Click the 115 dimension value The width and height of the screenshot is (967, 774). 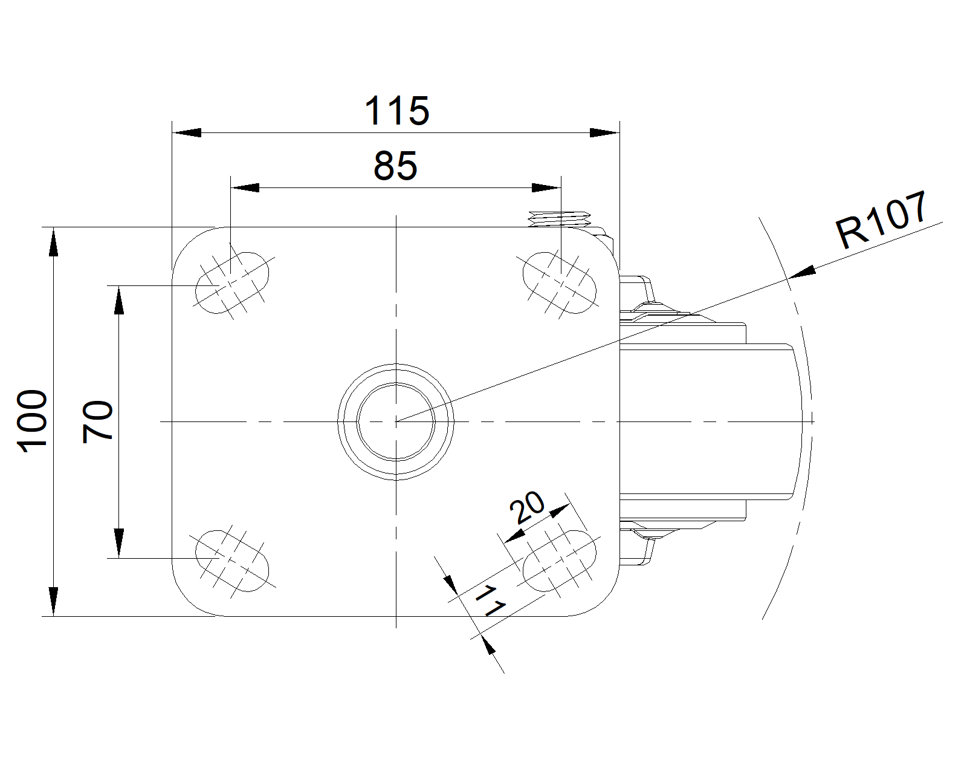point(397,111)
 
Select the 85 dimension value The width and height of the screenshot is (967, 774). point(396,166)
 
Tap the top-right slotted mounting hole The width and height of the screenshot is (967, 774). point(559,282)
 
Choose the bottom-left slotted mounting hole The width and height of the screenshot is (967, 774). point(232,560)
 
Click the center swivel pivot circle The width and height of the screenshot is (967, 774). point(396,421)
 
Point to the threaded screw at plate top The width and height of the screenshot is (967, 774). point(559,219)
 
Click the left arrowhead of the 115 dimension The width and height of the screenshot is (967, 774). point(187,132)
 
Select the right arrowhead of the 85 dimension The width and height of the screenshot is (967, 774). point(546,188)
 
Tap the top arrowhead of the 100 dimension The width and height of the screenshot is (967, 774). point(54,241)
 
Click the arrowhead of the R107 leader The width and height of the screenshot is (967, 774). point(803,274)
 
